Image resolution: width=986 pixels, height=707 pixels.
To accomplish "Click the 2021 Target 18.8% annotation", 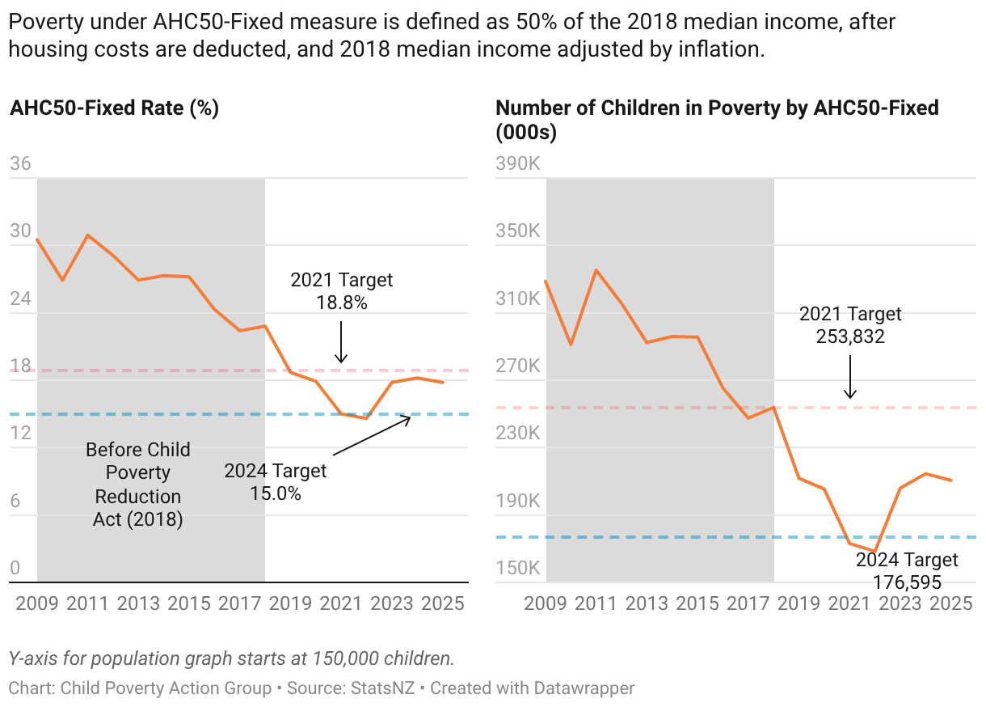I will coord(341,291).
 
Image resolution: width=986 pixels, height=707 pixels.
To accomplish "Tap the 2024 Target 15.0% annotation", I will coord(275,481).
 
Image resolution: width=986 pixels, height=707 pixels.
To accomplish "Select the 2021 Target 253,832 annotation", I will coord(850,325).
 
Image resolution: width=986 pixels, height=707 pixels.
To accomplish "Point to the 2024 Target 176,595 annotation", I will coord(907,571).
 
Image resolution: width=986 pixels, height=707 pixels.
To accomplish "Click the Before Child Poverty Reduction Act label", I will coord(138,485).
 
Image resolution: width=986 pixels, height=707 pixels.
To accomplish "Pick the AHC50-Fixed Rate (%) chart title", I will coord(115,108).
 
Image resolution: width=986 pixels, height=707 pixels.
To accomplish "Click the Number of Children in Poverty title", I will coord(717,120).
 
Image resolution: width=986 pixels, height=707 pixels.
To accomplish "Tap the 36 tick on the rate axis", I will coord(20,164).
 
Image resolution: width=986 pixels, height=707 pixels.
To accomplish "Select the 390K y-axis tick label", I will coord(517,164).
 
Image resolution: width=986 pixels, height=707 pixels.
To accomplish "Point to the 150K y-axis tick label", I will coord(517,568).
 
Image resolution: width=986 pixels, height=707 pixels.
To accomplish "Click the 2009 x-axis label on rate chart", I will coord(37,603).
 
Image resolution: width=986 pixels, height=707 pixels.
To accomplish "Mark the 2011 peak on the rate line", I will coord(87,235).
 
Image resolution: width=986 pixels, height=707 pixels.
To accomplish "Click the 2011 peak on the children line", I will coord(596,269).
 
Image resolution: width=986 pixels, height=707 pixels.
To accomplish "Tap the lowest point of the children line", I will coord(875,552).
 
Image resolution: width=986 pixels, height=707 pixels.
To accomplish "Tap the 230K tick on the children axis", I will coord(517,434).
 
